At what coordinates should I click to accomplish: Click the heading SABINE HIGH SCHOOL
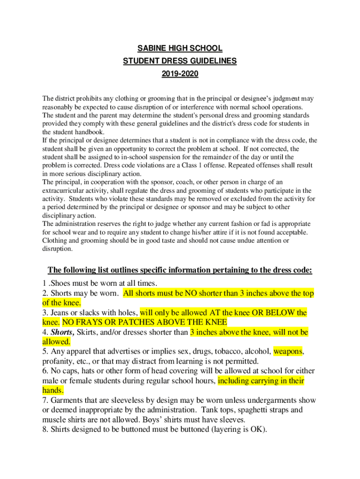[180, 49]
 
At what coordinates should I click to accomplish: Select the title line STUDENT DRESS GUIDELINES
[180, 61]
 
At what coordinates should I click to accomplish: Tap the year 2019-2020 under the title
[180, 74]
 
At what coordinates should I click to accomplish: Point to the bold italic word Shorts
[61, 332]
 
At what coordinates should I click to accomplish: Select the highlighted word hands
[53, 391]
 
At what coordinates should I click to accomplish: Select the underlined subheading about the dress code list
[180, 270]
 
